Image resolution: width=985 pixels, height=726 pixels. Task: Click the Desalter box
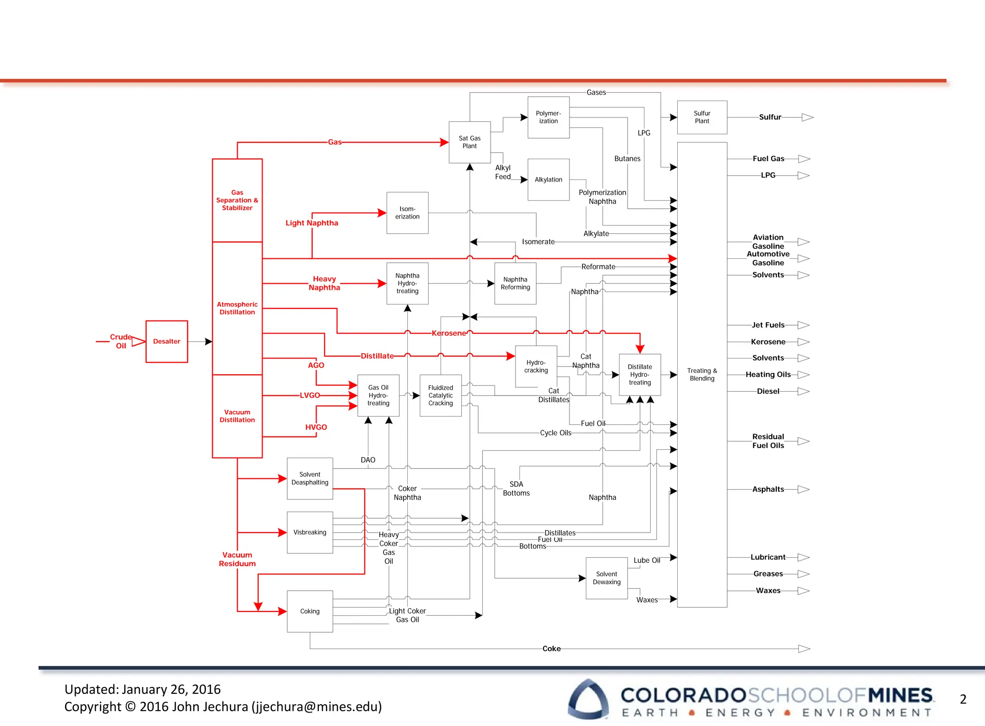[166, 341]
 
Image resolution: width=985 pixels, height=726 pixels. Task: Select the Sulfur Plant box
[702, 117]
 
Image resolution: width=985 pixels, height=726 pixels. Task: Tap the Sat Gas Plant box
[469, 142]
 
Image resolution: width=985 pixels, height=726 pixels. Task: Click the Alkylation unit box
[548, 179]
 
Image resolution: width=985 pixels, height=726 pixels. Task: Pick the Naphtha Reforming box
[515, 283]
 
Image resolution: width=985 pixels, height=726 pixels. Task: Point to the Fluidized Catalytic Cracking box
[441, 395]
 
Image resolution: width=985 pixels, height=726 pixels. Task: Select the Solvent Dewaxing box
[606, 578]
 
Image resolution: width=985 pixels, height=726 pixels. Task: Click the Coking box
[310, 611]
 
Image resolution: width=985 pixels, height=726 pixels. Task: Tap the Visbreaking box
[310, 532]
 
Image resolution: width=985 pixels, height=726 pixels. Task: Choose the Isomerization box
[407, 213]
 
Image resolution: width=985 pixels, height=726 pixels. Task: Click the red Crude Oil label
[120, 341]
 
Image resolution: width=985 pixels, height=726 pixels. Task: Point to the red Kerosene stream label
[449, 333]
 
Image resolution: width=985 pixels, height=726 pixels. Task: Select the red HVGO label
[316, 427]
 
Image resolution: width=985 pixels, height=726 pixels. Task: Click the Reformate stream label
[598, 267]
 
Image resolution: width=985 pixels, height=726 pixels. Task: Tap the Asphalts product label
[768, 489]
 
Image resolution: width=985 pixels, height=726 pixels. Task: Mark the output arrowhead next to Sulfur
[808, 117]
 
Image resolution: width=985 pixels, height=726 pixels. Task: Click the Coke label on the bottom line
[551, 649]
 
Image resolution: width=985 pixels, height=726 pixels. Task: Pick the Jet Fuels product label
[768, 325]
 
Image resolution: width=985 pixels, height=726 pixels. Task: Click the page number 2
[963, 699]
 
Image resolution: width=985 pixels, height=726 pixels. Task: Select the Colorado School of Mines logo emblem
[588, 699]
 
